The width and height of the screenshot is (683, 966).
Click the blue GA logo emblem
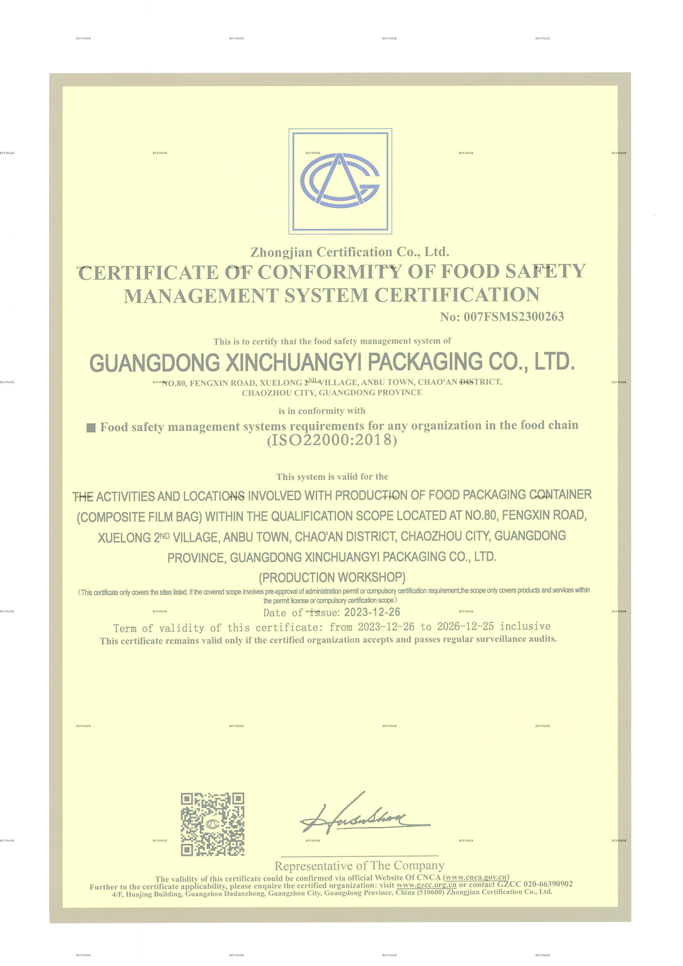point(340,181)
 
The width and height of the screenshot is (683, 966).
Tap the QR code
point(212,825)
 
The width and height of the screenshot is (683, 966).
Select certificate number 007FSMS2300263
point(513,317)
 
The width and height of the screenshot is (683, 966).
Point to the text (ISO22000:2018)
point(332,440)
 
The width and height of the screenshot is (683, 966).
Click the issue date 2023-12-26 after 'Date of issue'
point(372,612)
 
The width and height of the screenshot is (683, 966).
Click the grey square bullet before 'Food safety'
point(91,428)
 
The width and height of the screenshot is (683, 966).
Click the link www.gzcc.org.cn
point(426,885)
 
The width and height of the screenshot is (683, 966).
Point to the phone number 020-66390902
point(548,884)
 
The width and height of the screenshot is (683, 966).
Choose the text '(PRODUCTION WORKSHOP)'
point(332,577)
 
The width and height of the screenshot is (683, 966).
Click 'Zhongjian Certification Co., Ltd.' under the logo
point(350,252)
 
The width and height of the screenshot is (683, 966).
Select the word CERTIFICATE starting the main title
point(149,273)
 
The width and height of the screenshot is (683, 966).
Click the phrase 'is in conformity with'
point(322,411)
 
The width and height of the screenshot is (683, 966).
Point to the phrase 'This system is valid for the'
point(332,477)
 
